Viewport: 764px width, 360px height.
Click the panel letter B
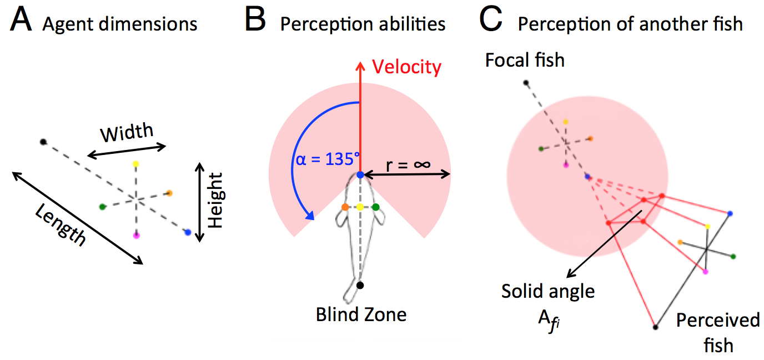257,23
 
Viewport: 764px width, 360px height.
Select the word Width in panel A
127,133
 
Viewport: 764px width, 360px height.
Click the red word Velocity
407,67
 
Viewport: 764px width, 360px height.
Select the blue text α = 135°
325,159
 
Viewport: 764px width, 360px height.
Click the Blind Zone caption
361,314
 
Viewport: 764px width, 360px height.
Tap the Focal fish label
525,59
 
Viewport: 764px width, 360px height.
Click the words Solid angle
547,291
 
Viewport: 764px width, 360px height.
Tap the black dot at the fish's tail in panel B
360,285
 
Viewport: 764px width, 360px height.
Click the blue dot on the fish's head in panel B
360,175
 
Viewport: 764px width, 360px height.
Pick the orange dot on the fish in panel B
345,207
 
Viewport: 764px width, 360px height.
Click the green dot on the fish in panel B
376,207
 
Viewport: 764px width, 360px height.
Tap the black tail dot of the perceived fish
656,327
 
